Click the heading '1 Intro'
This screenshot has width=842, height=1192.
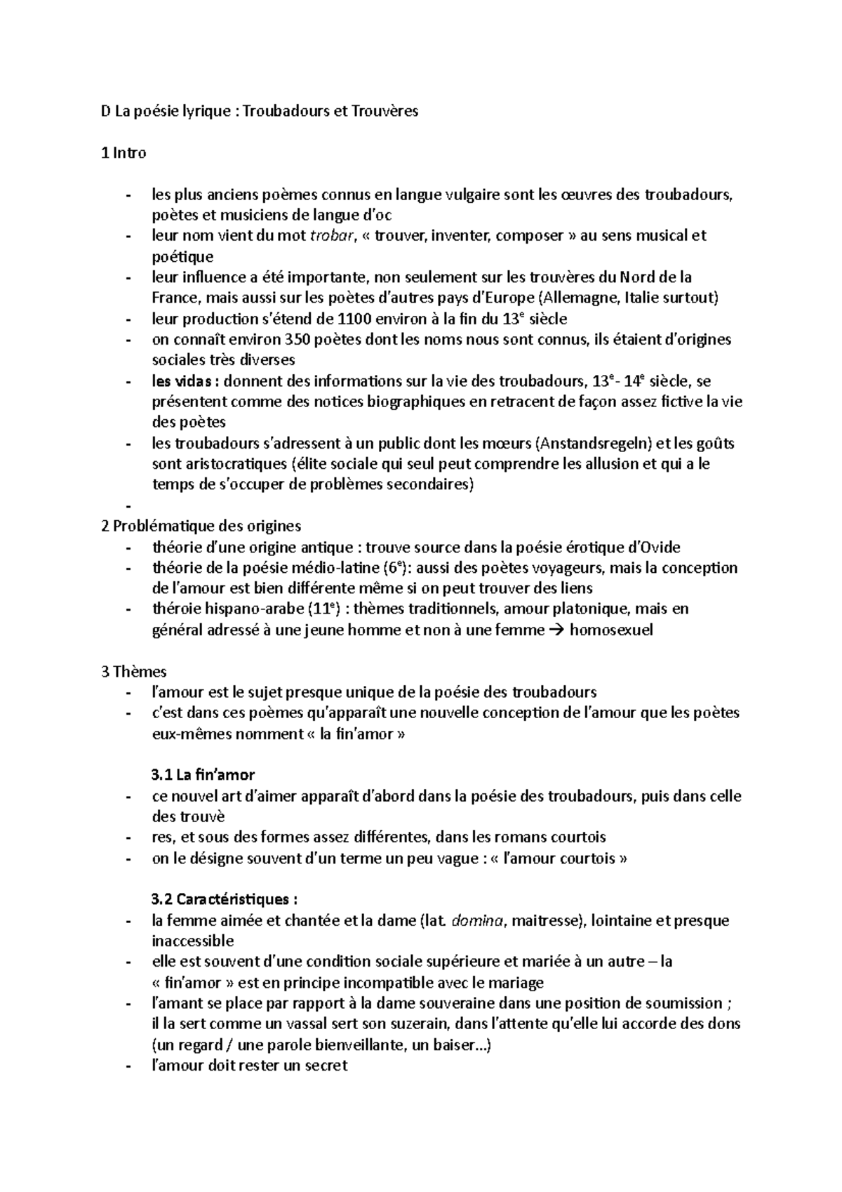pyautogui.click(x=124, y=152)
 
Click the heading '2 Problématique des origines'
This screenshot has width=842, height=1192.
pyautogui.click(x=201, y=526)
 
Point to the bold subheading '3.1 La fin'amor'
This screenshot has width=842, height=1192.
pyautogui.click(x=203, y=775)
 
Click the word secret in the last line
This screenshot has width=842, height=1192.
pyautogui.click(x=326, y=1066)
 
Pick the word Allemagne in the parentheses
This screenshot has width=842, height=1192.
pyautogui.click(x=576, y=298)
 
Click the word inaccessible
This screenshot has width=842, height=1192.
pyautogui.click(x=193, y=941)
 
